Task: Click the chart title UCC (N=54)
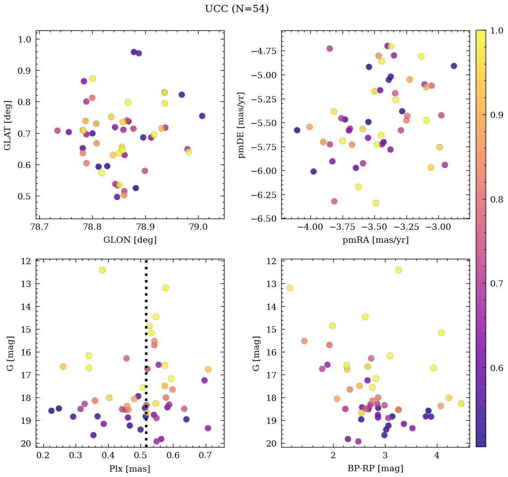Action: (x=237, y=9)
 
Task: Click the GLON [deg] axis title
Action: (x=130, y=240)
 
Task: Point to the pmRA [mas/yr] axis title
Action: (x=375, y=240)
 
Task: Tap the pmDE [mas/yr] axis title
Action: (x=241, y=125)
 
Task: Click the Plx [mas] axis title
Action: (x=130, y=469)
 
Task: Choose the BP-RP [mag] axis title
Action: (x=375, y=469)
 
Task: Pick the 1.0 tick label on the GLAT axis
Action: (x=25, y=39)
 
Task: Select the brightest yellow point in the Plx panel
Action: (x=102, y=270)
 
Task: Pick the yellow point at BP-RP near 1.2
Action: (x=290, y=288)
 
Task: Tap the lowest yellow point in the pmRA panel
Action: (x=376, y=203)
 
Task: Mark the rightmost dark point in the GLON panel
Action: (x=202, y=116)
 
